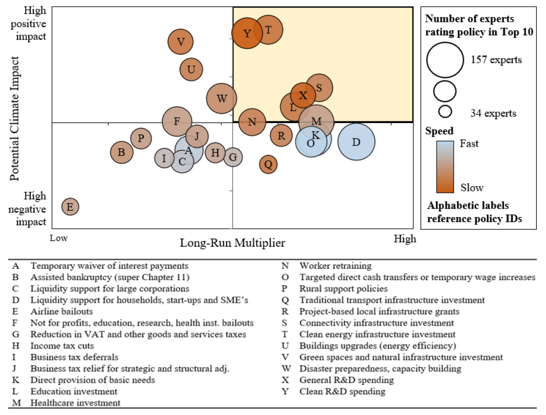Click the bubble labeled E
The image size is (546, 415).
click(x=70, y=207)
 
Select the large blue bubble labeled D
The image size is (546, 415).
click(x=356, y=142)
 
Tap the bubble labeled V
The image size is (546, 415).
click(x=180, y=42)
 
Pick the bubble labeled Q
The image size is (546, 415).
click(x=268, y=164)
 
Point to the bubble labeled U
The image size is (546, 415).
click(x=191, y=70)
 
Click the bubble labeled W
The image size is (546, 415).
click(x=221, y=98)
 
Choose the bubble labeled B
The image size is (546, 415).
click(x=122, y=152)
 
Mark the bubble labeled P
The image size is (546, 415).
click(x=141, y=139)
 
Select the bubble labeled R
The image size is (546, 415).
click(x=281, y=135)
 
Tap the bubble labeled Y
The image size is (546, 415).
click(x=247, y=33)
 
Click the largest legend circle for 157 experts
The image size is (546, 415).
click(x=445, y=60)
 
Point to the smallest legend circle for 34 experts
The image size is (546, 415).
click(x=445, y=112)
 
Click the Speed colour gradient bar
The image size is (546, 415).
click(x=445, y=167)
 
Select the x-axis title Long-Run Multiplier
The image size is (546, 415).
click(x=232, y=243)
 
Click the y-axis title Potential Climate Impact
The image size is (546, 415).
click(x=14, y=118)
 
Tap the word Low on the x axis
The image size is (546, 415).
click(x=59, y=239)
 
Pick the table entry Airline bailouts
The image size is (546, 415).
click(x=62, y=311)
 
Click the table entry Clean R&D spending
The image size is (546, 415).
click(x=342, y=391)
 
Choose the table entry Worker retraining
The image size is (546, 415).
click(x=335, y=266)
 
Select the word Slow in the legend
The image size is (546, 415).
click(x=472, y=188)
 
